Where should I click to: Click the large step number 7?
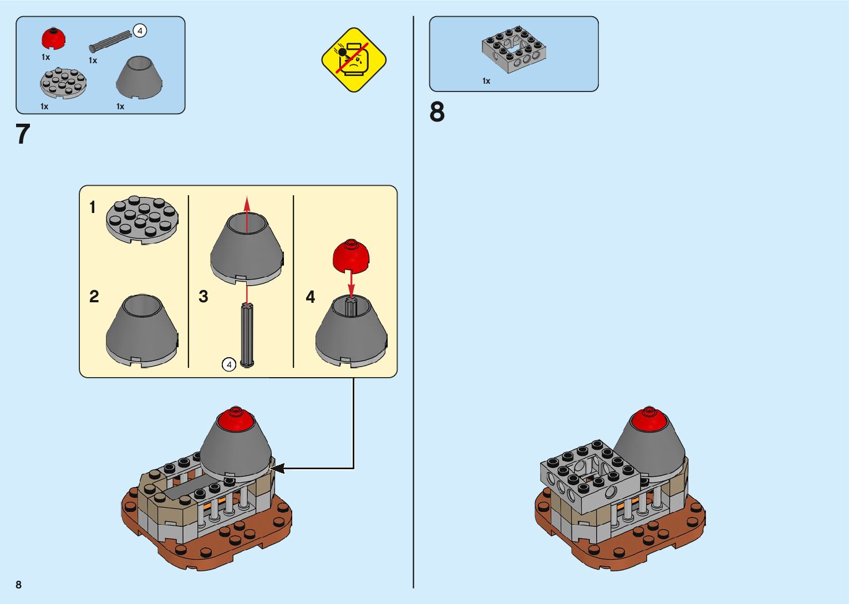23,135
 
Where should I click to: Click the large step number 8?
437,112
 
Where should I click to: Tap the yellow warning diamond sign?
354,59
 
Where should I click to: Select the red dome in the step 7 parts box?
54,39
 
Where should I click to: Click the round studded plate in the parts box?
63,84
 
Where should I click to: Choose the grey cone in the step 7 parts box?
139,78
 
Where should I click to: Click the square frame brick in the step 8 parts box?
513,50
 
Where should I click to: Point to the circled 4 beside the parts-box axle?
140,31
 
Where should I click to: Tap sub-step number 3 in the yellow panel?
204,297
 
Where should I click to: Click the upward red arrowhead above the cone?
247,203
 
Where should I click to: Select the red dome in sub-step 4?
351,256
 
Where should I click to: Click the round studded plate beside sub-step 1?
143,220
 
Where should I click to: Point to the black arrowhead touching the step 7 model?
277,469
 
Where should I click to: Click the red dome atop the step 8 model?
648,418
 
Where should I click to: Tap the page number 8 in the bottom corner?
19,585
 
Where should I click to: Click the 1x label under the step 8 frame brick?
486,81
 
